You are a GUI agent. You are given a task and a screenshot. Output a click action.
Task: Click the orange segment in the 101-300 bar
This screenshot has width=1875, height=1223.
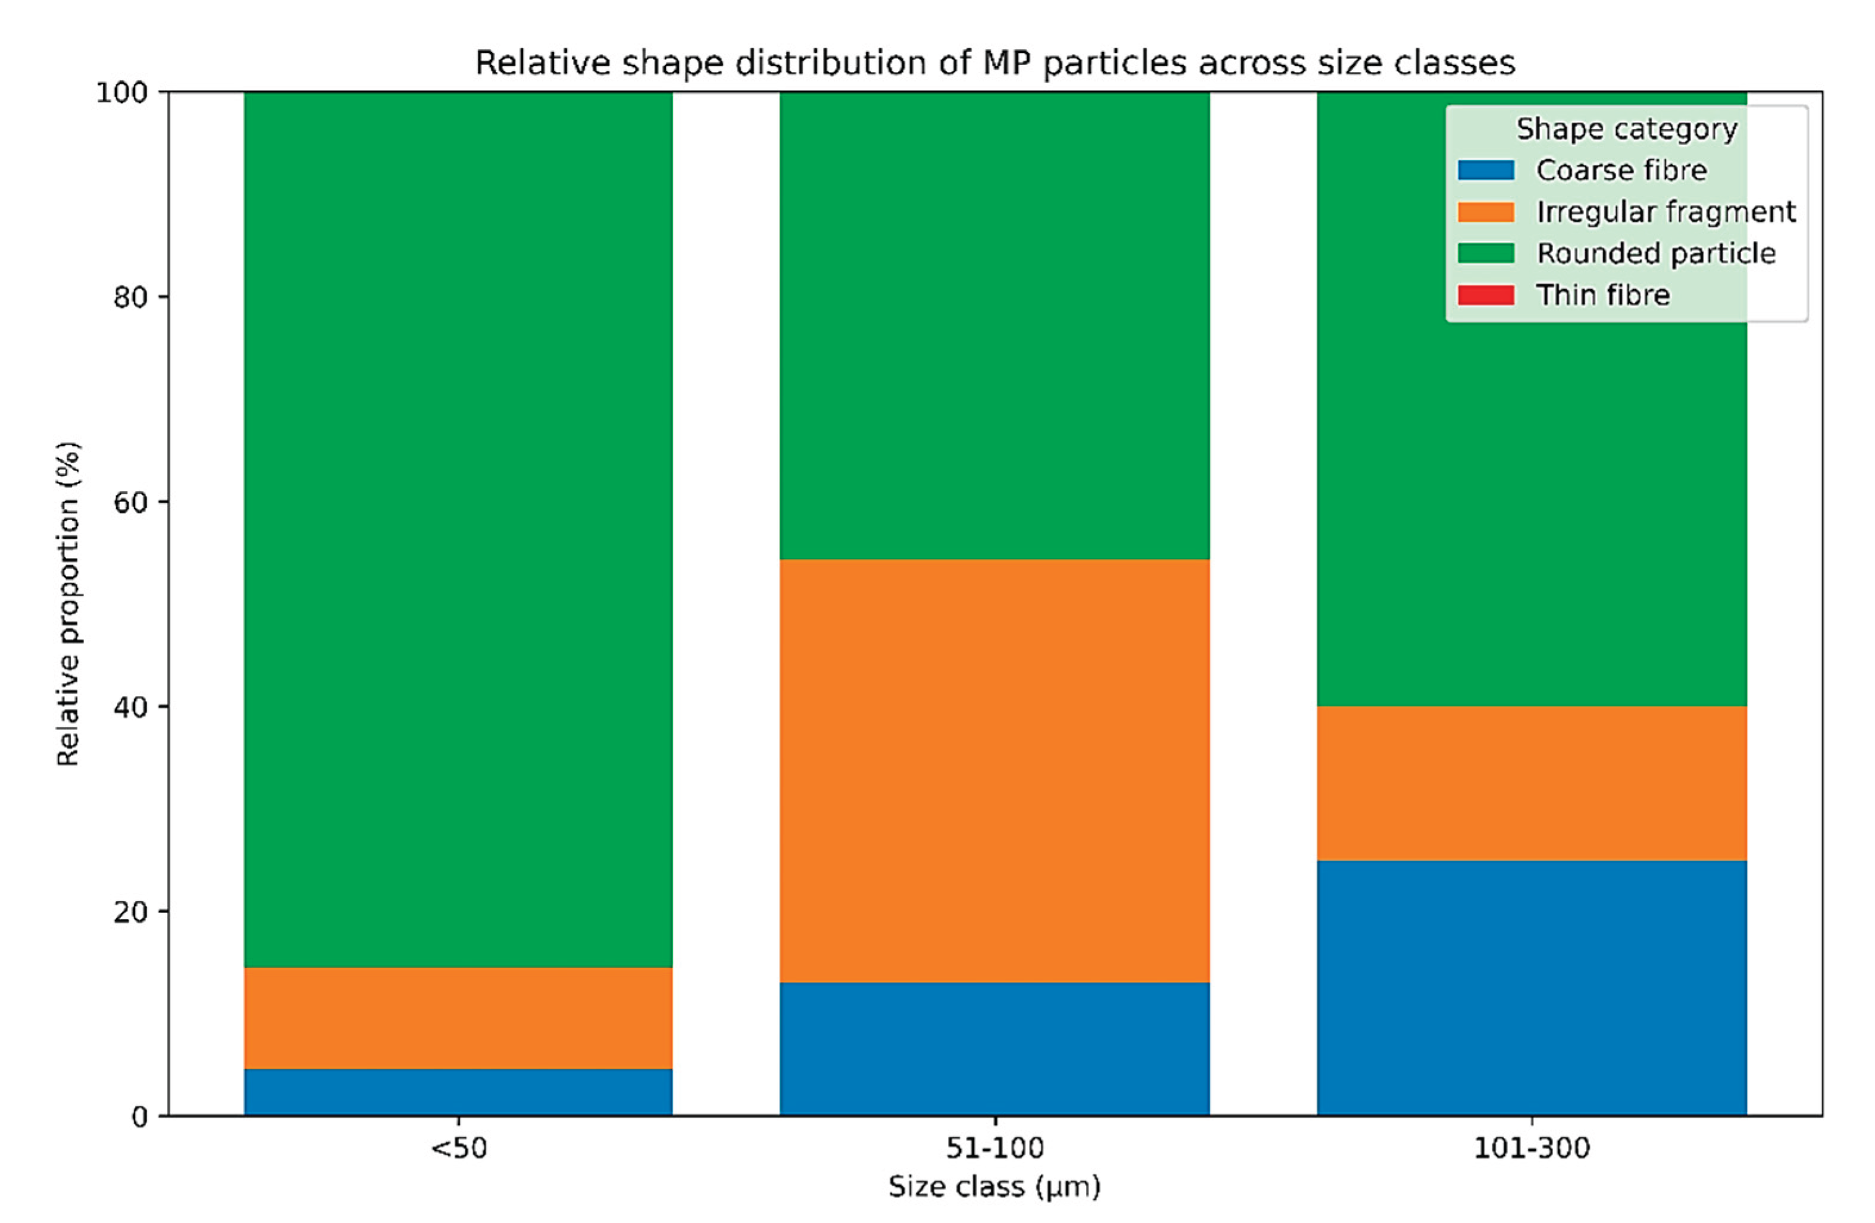[x=1532, y=783]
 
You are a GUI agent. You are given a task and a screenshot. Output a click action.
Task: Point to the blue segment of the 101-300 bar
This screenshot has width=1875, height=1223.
[x=1532, y=987]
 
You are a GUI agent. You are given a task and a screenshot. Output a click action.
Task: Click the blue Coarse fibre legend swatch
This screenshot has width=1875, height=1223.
[x=1485, y=170]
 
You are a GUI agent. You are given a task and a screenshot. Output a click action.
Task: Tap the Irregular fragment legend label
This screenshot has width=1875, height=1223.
[x=1666, y=212]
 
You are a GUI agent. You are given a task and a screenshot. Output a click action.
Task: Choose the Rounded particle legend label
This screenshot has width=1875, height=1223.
[x=1655, y=253]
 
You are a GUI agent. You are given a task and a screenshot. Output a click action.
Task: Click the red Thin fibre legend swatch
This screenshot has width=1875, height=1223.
[x=1485, y=295]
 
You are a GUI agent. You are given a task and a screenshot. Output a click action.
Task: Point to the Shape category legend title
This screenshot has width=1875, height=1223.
[x=1626, y=129]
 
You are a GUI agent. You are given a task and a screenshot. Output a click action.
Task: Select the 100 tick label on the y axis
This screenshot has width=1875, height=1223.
[x=122, y=93]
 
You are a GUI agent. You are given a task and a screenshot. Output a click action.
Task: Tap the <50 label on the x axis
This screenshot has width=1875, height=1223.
[x=459, y=1148]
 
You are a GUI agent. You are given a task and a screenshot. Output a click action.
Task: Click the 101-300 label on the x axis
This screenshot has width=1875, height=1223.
[x=1532, y=1148]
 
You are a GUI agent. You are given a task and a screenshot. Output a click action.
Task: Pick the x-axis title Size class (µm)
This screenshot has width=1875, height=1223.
[x=994, y=1186]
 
